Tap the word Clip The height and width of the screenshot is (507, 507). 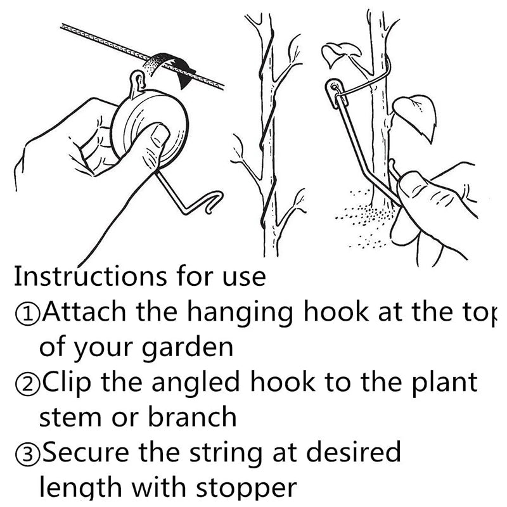(x=69, y=383)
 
